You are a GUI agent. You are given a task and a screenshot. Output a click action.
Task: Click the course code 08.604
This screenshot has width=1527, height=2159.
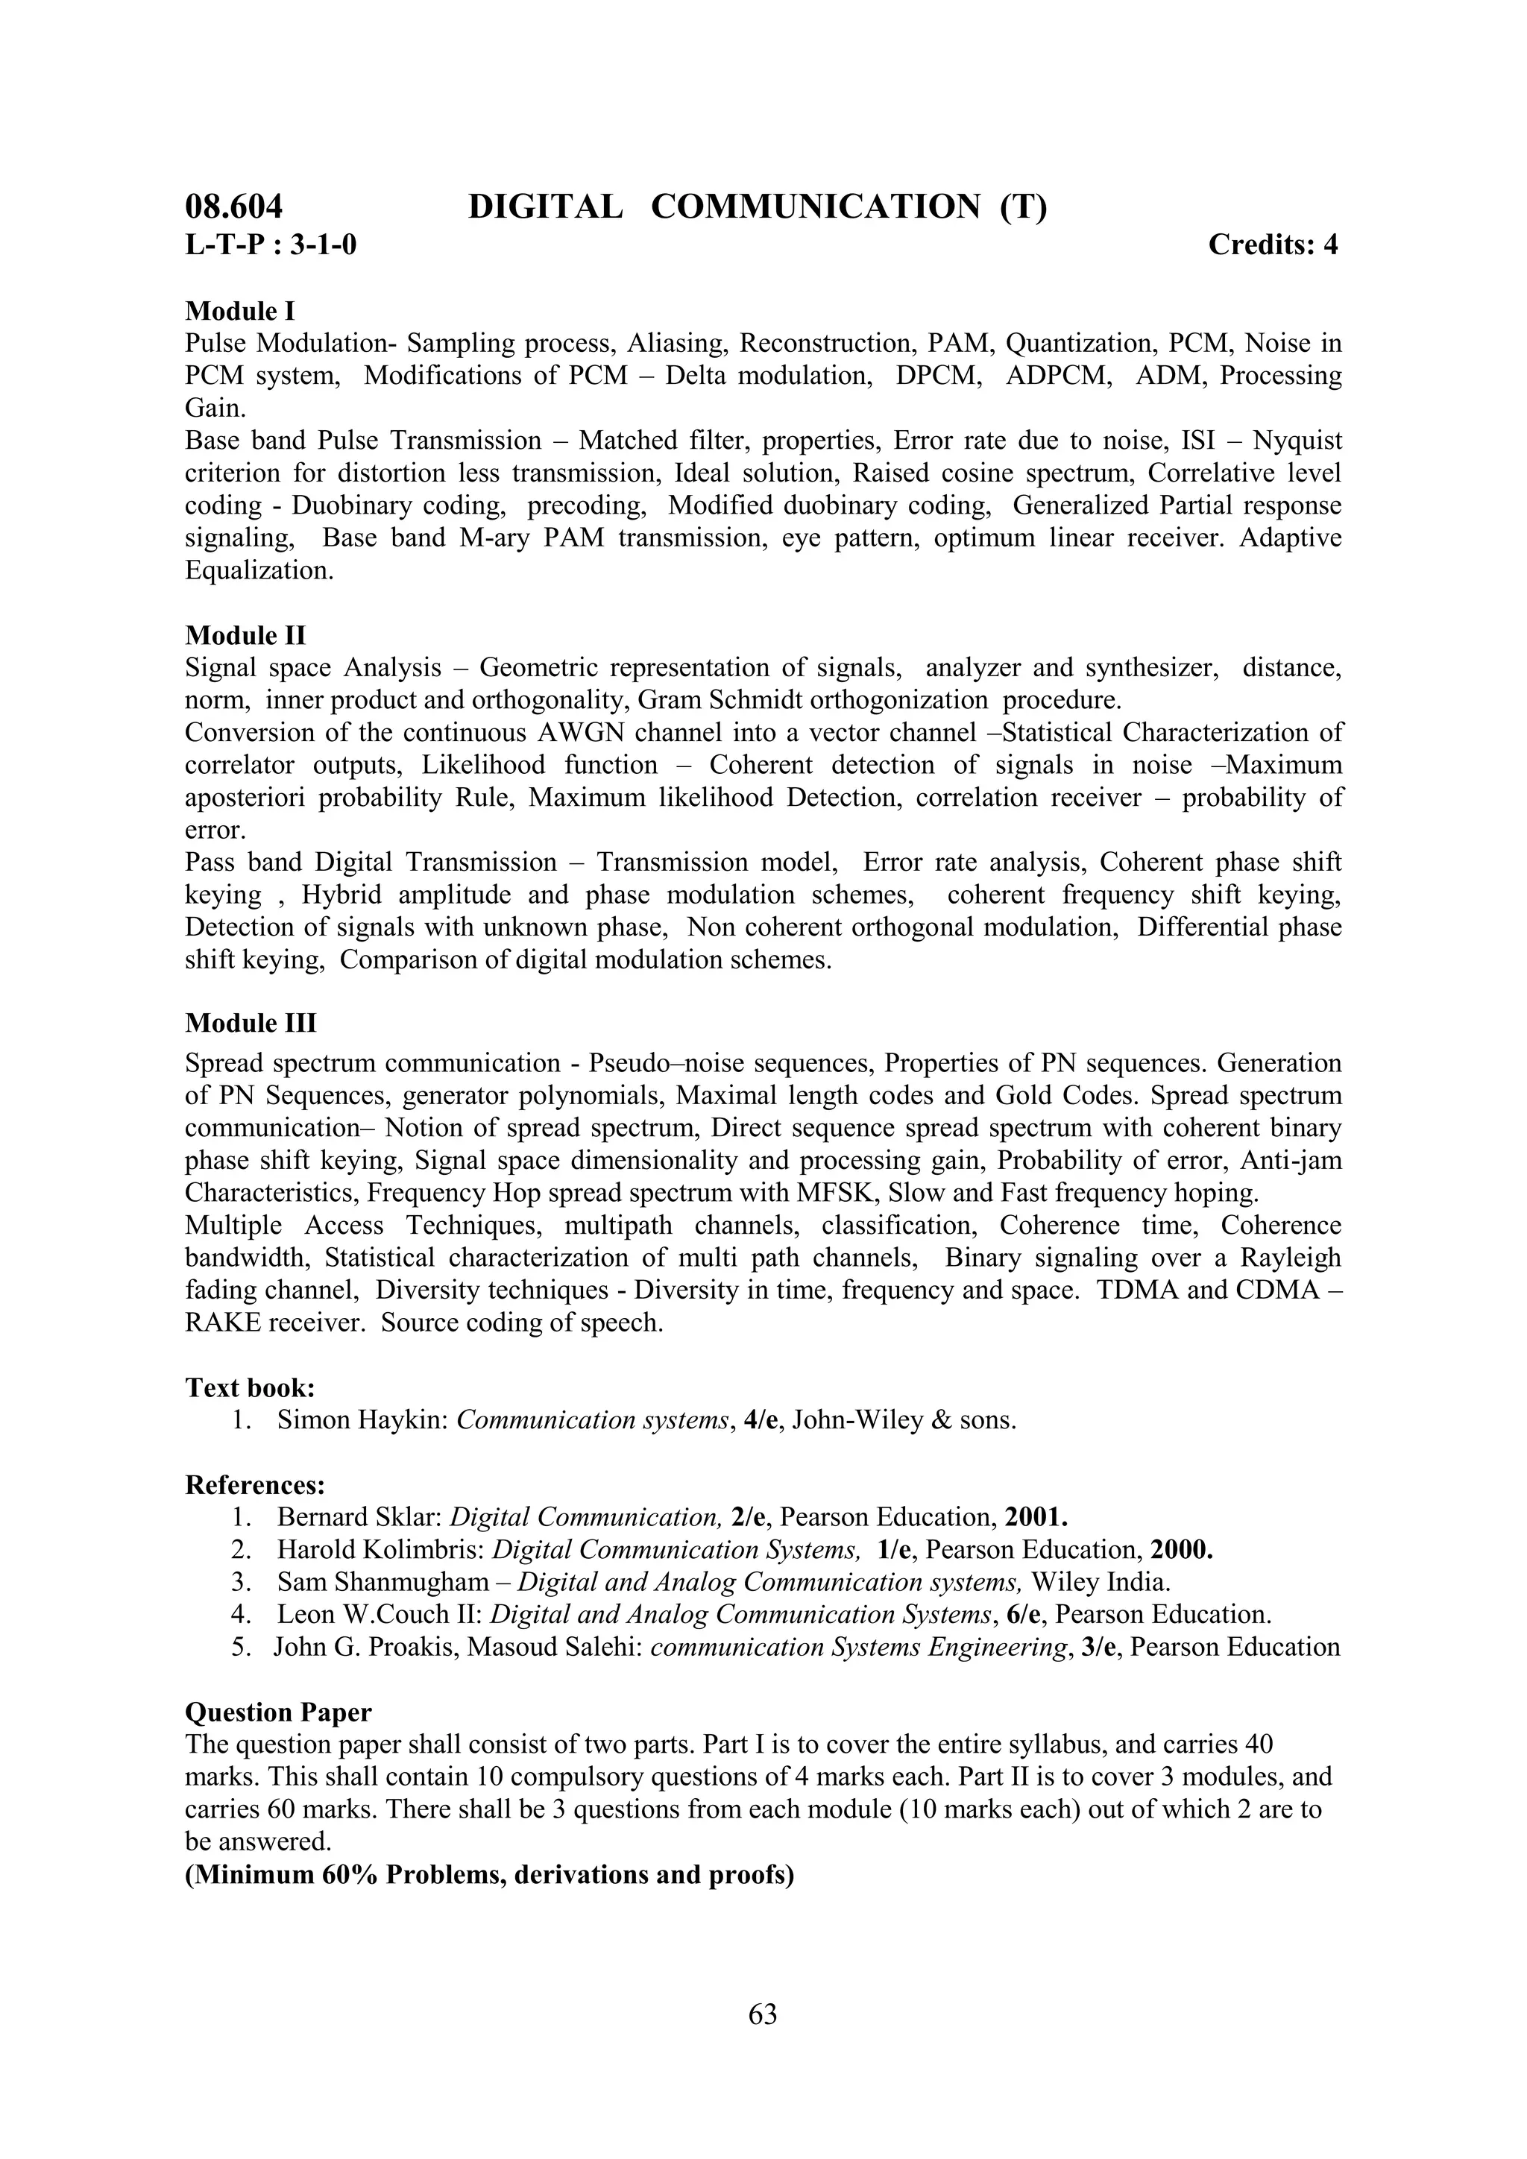click(233, 206)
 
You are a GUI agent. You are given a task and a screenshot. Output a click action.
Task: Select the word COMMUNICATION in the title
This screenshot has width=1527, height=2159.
click(814, 206)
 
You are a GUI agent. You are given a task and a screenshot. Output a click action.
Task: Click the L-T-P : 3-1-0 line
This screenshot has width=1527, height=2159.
click(271, 245)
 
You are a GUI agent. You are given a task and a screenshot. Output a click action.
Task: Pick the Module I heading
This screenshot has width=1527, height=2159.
click(240, 310)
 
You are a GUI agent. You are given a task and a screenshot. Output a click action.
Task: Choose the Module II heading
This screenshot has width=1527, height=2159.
click(245, 636)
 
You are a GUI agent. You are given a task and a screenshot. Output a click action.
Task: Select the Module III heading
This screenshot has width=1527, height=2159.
click(251, 1022)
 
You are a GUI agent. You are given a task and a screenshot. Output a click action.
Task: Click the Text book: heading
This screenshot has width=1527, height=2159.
click(250, 1387)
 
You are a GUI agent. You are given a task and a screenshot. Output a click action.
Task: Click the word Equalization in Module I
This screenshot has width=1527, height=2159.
click(259, 571)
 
